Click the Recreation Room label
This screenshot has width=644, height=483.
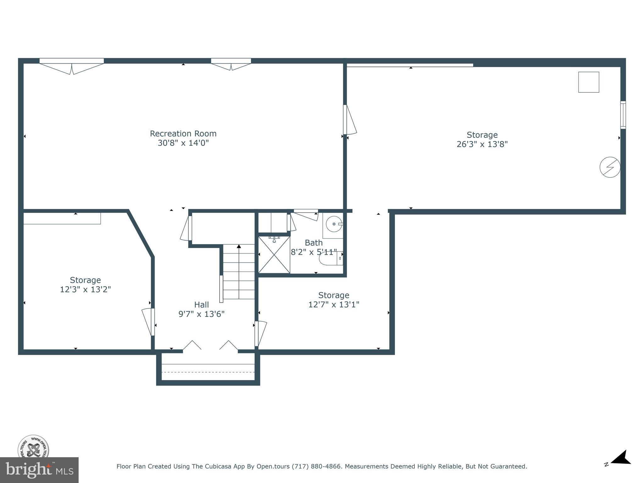point(183,134)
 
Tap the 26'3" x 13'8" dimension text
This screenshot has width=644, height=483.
point(482,144)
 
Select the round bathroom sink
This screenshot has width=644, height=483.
point(334,224)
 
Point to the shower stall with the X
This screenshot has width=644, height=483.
point(274,255)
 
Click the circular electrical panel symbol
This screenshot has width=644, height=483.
point(610,167)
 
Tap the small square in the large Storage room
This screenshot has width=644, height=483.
point(588,82)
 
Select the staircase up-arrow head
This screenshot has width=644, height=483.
point(239,246)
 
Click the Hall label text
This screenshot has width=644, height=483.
point(201,305)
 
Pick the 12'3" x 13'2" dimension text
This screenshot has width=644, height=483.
point(85,289)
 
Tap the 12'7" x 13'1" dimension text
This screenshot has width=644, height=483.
point(334,304)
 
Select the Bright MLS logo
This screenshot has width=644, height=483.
point(39,470)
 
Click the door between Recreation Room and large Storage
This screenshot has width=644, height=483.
point(349,120)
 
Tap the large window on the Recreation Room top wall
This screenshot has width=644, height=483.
point(72,61)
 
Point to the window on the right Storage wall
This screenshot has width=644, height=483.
point(623,115)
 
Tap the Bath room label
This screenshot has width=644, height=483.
point(314,243)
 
